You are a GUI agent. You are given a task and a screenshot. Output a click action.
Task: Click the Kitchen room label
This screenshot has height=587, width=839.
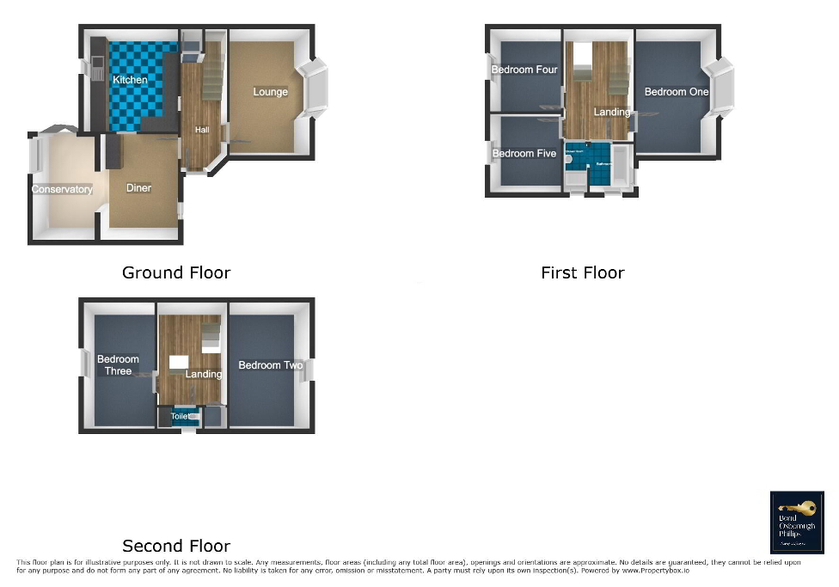point(130,80)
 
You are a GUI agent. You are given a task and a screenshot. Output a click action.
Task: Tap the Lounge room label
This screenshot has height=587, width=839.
point(270,92)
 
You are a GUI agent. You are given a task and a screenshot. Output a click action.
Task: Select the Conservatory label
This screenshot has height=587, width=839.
point(62,189)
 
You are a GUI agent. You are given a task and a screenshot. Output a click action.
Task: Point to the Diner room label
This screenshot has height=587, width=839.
point(138,188)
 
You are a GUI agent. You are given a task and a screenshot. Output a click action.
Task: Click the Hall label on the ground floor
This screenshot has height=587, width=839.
point(201,130)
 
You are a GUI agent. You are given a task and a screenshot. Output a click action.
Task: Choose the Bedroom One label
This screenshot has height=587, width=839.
point(677,92)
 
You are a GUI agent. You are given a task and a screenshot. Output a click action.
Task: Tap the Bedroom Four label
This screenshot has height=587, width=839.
point(524,70)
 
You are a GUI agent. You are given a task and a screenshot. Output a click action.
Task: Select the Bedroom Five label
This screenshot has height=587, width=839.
point(524,154)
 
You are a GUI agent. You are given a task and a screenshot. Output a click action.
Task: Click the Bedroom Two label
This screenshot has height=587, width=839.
point(271,365)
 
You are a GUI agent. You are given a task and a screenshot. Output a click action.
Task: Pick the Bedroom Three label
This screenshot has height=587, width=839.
point(118,365)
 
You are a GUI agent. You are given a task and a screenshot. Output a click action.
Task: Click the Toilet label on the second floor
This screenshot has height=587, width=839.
point(181,416)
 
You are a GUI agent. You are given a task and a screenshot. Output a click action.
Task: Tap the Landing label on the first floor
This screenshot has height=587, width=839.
point(611,112)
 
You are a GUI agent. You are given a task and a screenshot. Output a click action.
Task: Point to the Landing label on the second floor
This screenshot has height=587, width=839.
point(204,374)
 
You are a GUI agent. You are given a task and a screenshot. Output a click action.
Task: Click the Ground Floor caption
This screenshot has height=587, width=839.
point(176,272)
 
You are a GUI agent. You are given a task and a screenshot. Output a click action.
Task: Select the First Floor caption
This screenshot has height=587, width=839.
point(582,272)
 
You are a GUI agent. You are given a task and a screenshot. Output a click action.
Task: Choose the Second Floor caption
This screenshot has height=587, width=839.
point(176,546)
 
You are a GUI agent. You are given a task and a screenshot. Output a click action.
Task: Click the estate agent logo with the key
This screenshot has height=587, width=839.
point(796,522)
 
